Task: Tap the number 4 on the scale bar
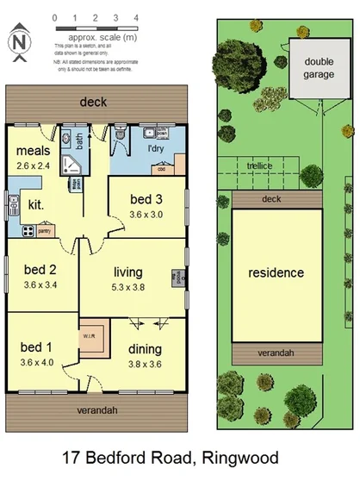click(x=136, y=17)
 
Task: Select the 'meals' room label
click(x=34, y=151)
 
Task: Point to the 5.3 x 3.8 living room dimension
click(x=128, y=288)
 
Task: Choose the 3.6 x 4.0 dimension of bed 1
click(x=36, y=362)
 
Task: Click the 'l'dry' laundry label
click(x=156, y=149)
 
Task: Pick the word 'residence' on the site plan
click(x=276, y=273)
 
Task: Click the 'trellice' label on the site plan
click(x=259, y=165)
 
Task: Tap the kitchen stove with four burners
click(x=28, y=230)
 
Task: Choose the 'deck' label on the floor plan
click(x=93, y=102)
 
